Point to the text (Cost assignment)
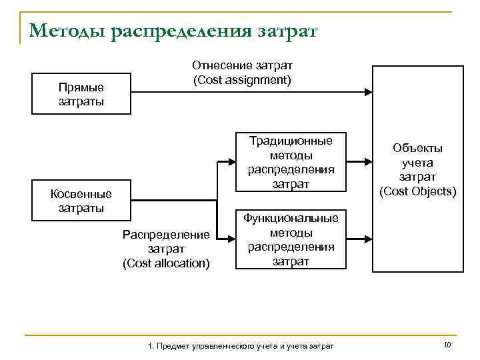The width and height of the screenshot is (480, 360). pyautogui.click(x=242, y=80)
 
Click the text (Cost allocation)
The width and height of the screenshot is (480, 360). pyautogui.click(x=166, y=263)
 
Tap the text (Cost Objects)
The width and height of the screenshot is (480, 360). pyautogui.click(x=417, y=191)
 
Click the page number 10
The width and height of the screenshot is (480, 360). pyautogui.click(x=447, y=344)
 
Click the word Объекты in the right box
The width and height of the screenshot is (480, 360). pyautogui.click(x=417, y=148)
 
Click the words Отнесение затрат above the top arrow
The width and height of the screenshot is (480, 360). pyautogui.click(x=242, y=66)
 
